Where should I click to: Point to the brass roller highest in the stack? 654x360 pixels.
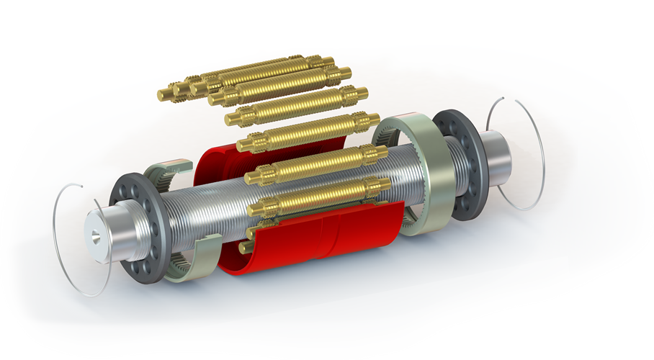click(x=252, y=72)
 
